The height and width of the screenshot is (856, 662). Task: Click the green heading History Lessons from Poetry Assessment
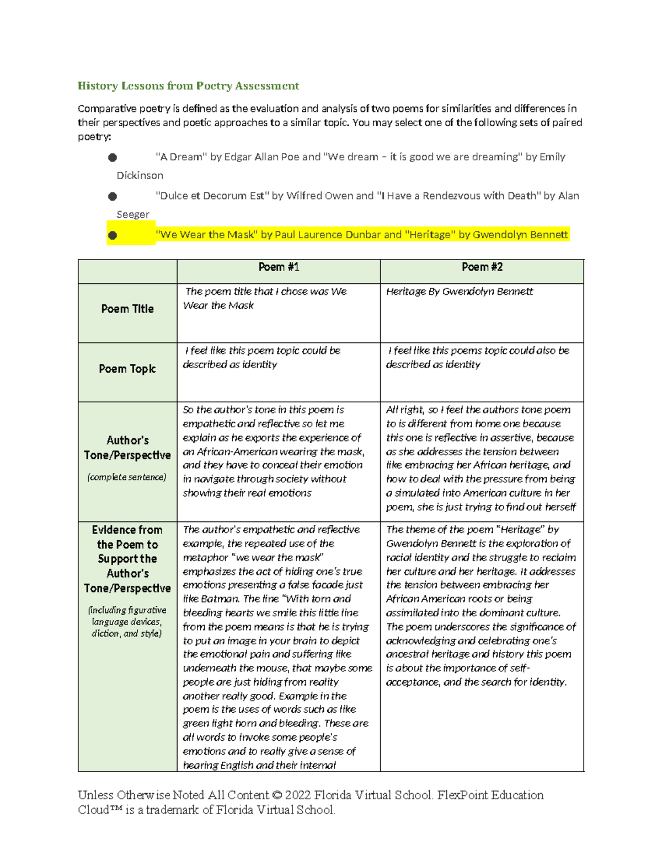pyautogui.click(x=188, y=85)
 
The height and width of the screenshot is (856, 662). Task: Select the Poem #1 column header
pyautogui.click(x=279, y=267)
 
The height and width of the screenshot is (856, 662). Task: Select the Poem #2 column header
pyautogui.click(x=482, y=267)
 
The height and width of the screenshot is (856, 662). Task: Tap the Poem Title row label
pyautogui.click(x=127, y=309)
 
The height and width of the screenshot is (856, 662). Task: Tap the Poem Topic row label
pyautogui.click(x=127, y=369)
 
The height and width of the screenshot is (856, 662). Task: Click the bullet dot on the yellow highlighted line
pyautogui.click(x=113, y=235)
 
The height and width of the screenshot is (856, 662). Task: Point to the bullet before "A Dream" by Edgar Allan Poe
pyautogui.click(x=113, y=158)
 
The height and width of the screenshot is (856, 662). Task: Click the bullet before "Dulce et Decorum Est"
pyautogui.click(x=113, y=196)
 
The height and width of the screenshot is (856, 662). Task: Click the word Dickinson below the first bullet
pyautogui.click(x=140, y=175)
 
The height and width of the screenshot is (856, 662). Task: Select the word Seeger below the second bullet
pyautogui.click(x=133, y=214)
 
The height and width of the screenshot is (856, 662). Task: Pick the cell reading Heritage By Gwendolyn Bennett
pyautogui.click(x=459, y=292)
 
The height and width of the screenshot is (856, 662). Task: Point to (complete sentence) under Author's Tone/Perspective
pyautogui.click(x=126, y=477)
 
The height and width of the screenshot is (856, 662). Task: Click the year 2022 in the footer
pyautogui.click(x=298, y=795)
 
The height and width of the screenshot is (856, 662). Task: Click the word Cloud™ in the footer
pyautogui.click(x=100, y=810)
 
